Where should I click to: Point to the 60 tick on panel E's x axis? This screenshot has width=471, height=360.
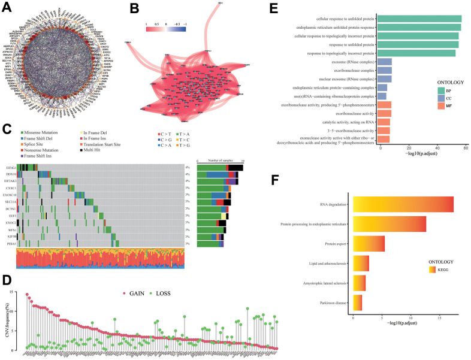coord(465,147)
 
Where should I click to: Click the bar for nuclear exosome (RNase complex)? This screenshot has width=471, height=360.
coord(386,78)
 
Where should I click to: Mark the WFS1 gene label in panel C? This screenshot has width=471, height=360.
coord(11,229)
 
